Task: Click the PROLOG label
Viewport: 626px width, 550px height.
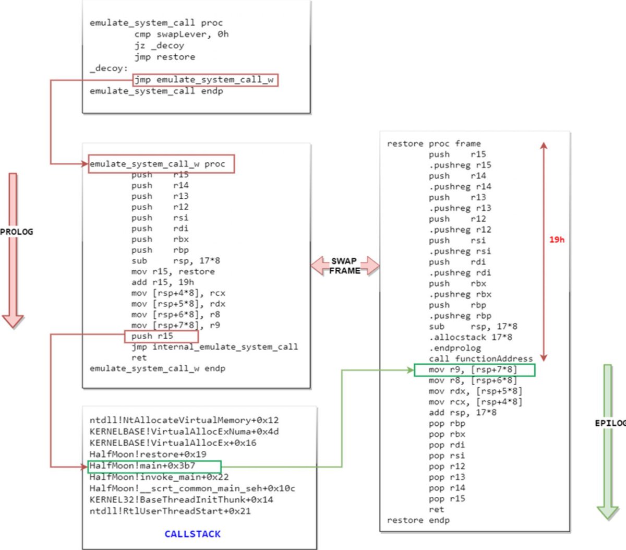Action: pyautogui.click(x=17, y=232)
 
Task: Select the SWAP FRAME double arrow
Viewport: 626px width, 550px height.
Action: pyautogui.click(x=345, y=266)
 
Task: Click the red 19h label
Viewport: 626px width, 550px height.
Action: pyautogui.click(x=557, y=240)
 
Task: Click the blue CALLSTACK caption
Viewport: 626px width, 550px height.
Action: pyautogui.click(x=192, y=534)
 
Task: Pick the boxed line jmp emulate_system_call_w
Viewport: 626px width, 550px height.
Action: pyautogui.click(x=206, y=80)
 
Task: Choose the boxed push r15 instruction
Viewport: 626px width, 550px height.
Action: pyautogui.click(x=161, y=336)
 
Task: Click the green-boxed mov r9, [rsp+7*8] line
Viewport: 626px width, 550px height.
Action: pyautogui.click(x=474, y=370)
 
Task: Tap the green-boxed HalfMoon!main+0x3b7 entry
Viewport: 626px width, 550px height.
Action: pyautogui.click(x=154, y=466)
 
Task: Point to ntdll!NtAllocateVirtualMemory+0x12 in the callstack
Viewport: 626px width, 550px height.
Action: pyautogui.click(x=184, y=420)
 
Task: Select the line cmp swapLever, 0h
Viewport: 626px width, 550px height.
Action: pyautogui.click(x=182, y=34)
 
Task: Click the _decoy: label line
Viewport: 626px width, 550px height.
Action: pyautogui.click(x=109, y=68)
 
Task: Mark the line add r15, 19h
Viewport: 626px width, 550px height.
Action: pyautogui.click(x=163, y=282)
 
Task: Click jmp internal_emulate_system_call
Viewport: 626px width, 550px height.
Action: pyautogui.click(x=214, y=347)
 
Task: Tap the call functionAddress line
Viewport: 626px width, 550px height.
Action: pyautogui.click(x=480, y=359)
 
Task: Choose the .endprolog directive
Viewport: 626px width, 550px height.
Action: pyautogui.click(x=455, y=348)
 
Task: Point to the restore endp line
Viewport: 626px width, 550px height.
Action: pyautogui.click(x=418, y=520)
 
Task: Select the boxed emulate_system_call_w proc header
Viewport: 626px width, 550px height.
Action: pyautogui.click(x=161, y=164)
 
